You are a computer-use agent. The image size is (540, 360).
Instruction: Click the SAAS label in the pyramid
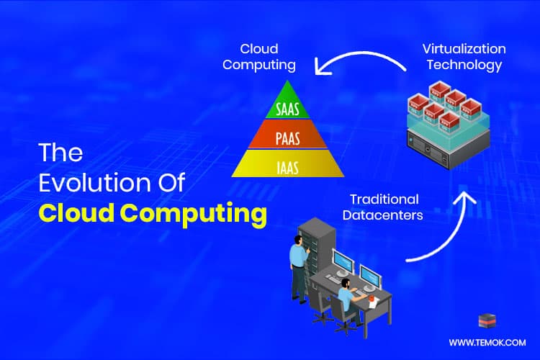click(x=288, y=110)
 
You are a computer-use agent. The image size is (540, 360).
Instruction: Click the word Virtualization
click(x=463, y=49)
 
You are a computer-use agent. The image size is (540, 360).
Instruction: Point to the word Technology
click(x=463, y=65)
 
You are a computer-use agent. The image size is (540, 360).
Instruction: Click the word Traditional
click(x=384, y=198)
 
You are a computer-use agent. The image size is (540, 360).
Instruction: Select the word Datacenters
click(x=384, y=214)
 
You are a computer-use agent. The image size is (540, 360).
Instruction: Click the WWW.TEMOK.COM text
click(x=487, y=343)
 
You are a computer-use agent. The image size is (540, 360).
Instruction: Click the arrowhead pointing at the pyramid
click(x=320, y=69)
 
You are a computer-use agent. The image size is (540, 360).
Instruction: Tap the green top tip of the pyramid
click(x=288, y=90)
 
